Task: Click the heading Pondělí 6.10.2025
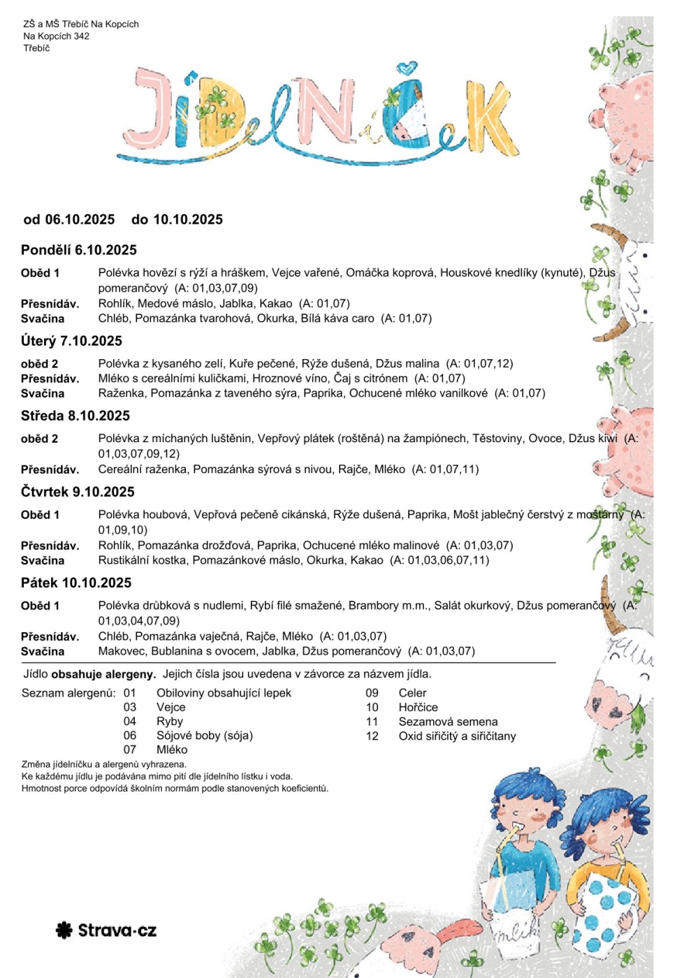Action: [x=79, y=250]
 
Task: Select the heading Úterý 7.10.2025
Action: [x=71, y=341]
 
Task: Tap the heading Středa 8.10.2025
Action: [x=75, y=416]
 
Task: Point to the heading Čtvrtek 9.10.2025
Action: [x=78, y=492]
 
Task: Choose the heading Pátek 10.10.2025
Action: [x=76, y=583]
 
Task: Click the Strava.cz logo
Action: [x=106, y=930]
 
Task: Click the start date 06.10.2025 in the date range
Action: [x=80, y=219]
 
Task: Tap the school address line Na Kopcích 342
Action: [x=56, y=36]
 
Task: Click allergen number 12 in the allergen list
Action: [x=372, y=736]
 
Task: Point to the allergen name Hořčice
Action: [x=418, y=707]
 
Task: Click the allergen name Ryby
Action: [x=170, y=721]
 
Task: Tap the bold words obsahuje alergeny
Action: [x=103, y=674]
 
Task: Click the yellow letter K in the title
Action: [x=493, y=119]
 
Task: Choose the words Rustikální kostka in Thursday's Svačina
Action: [x=143, y=560]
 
